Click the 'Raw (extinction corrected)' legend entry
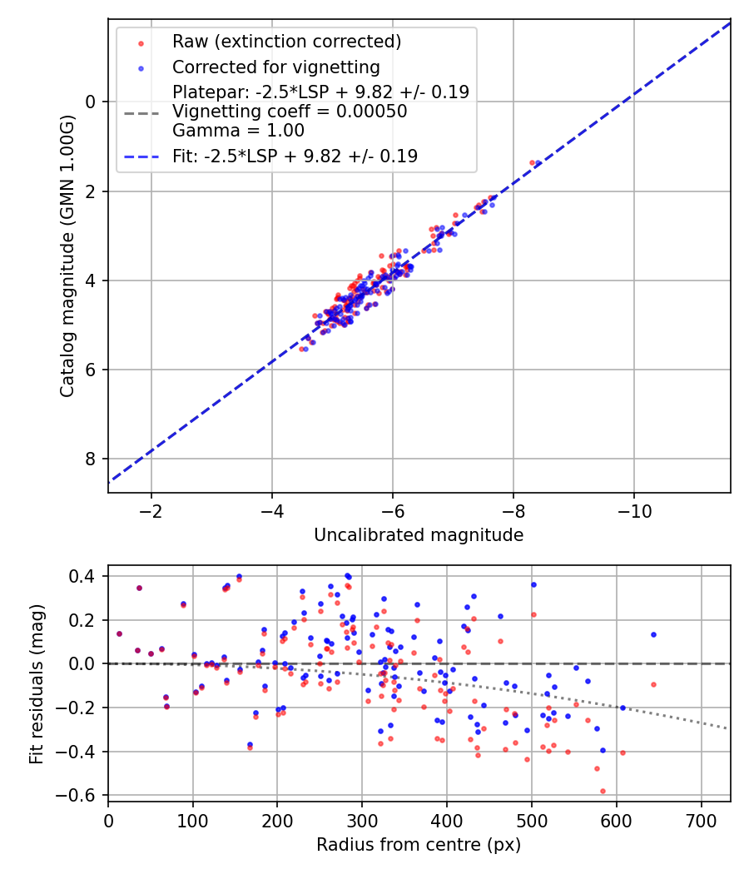click(286, 42)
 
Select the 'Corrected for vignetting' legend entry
click(275, 67)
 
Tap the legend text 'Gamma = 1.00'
click(238, 131)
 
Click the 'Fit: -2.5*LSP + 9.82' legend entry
click(295, 156)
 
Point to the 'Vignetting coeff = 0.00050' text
click(290, 112)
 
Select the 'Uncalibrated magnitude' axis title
click(419, 535)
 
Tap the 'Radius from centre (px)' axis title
click(419, 845)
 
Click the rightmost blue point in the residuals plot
click(653, 634)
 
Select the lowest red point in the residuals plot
click(603, 791)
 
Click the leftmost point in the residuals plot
click(119, 633)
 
